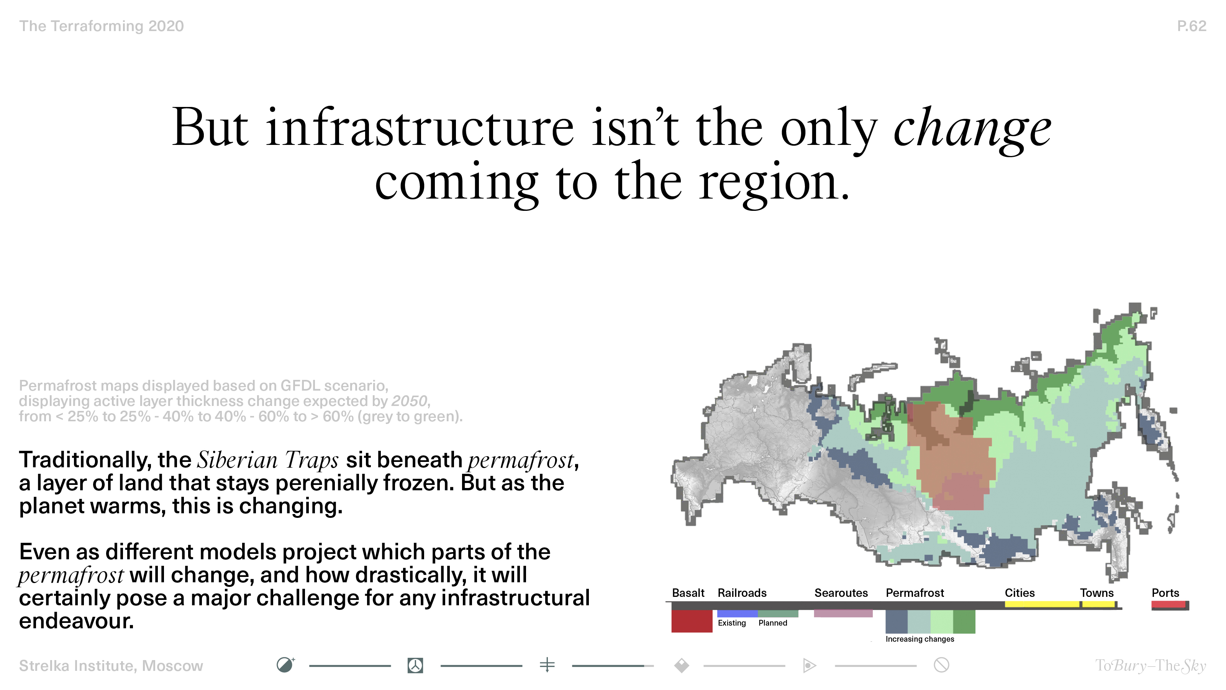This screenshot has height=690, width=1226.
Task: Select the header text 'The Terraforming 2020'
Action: click(102, 26)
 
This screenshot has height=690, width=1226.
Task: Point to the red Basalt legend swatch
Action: click(692, 621)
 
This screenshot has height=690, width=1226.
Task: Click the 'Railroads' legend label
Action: click(742, 593)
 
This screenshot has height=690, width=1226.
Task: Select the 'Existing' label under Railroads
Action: click(731, 623)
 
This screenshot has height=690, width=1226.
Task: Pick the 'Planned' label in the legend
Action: click(772, 623)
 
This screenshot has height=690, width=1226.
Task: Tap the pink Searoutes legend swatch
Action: click(843, 613)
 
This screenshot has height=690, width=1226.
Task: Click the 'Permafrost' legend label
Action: click(915, 593)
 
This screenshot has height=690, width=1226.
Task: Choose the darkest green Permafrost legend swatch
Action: click(964, 621)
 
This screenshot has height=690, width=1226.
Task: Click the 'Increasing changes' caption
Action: click(919, 639)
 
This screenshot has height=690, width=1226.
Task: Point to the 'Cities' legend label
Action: click(1019, 593)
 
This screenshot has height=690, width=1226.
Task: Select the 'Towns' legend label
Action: click(1097, 593)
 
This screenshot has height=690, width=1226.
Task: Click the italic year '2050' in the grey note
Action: click(409, 401)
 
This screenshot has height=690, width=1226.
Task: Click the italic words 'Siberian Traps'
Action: click(268, 460)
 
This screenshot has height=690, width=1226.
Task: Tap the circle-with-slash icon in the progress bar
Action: click(941, 665)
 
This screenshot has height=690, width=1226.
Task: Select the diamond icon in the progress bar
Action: click(682, 665)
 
